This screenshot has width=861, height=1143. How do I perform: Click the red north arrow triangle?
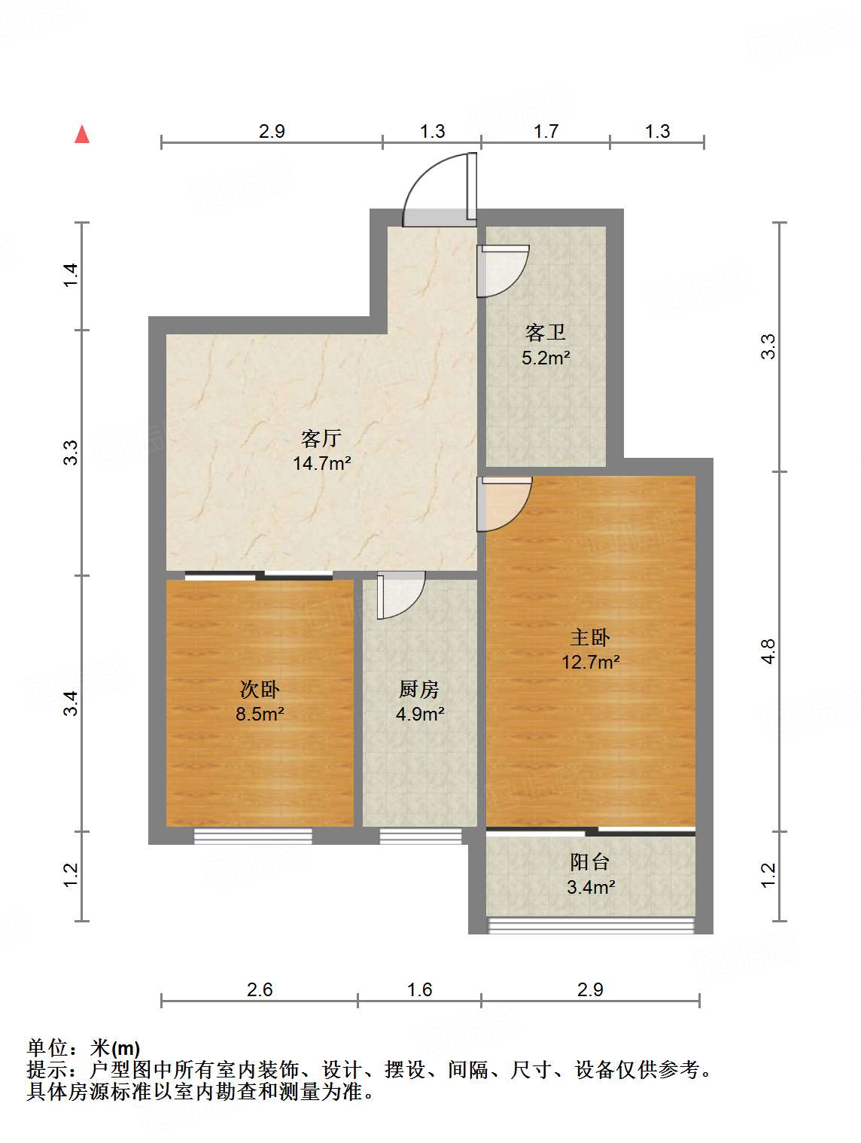coord(82,135)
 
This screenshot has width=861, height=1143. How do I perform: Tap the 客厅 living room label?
coord(321,438)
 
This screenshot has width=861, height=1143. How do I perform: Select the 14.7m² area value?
coord(321,463)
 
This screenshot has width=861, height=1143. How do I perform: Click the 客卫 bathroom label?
coord(545,332)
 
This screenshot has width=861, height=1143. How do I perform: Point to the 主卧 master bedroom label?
coord(589,638)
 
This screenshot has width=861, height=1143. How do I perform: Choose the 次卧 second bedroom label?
coord(260,689)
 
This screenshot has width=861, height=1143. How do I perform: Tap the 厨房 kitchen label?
coord(419,689)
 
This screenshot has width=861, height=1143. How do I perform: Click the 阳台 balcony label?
coord(589,862)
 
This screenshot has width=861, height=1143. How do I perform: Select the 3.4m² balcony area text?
coord(591,887)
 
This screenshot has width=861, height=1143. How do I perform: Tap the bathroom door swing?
coord(504,270)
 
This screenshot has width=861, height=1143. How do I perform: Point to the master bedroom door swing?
coord(506,503)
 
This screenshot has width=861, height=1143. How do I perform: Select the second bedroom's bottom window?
coord(253,836)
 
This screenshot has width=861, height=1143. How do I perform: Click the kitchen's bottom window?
coord(420,836)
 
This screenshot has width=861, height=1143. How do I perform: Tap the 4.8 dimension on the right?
coord(768,651)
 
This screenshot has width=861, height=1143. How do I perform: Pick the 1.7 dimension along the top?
coord(546,132)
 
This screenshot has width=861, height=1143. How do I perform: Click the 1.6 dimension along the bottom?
coord(419,989)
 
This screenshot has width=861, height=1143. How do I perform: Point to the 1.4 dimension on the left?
coord(70,275)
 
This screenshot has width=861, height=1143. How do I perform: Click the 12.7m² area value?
coord(591,663)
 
